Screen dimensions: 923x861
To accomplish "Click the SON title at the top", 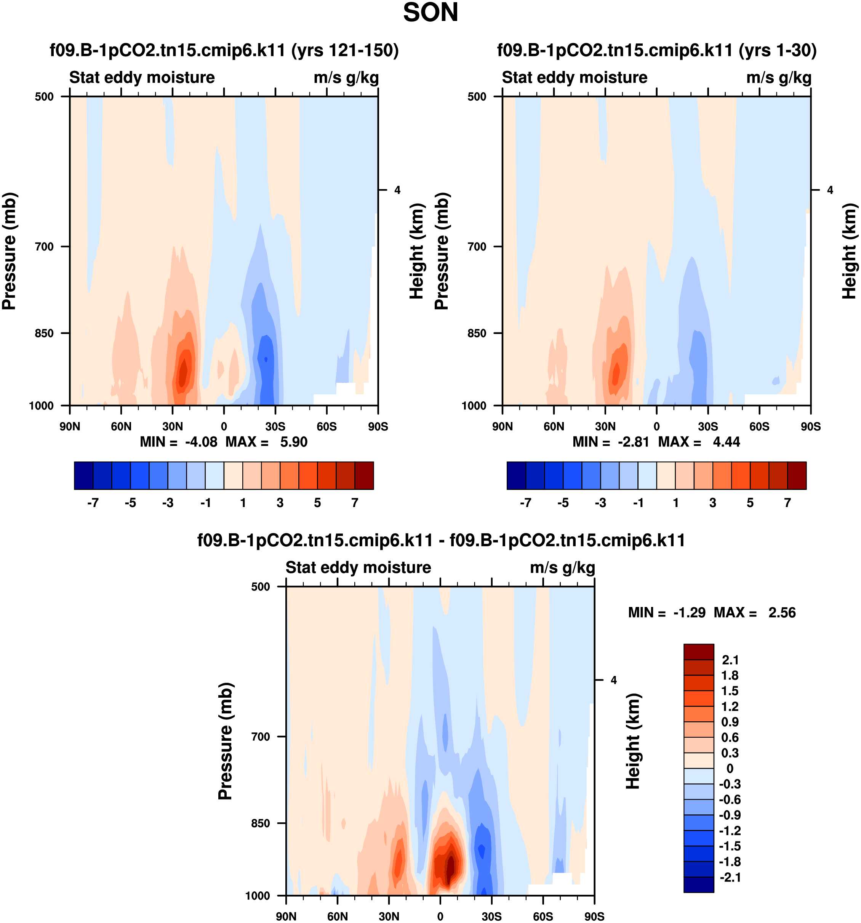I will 430,13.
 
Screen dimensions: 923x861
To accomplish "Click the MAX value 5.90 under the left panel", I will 293,442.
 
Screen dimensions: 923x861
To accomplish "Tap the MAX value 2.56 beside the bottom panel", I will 782,613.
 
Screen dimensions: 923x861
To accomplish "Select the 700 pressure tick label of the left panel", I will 45,247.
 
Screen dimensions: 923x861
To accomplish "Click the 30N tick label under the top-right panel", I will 605,427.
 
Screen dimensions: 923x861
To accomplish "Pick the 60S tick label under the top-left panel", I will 326,427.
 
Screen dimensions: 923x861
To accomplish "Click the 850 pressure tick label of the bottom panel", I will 260,823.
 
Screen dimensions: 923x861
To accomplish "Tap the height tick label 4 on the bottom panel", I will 614,680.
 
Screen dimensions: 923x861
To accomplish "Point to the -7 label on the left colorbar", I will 93,503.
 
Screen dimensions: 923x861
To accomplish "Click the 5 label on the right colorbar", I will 750,503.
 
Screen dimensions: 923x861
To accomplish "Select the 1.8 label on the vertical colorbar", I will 730,676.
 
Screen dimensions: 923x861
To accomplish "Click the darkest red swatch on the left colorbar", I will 364,475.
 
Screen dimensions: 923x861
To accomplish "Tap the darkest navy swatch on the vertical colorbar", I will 699,884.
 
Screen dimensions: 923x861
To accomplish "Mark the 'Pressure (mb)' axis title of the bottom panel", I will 225,741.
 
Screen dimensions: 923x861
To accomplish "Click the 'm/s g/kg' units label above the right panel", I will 779,77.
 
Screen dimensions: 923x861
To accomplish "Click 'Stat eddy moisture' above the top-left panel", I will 142,77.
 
